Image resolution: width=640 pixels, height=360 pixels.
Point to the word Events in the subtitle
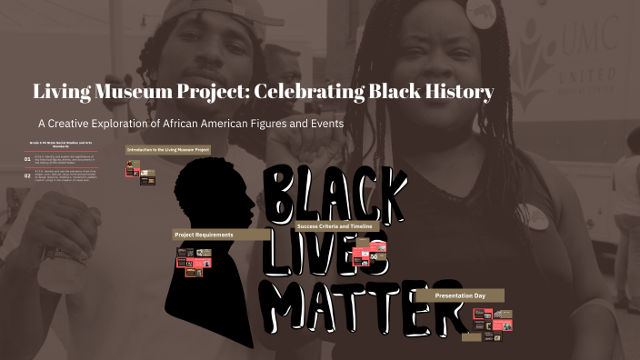(x=321, y=123)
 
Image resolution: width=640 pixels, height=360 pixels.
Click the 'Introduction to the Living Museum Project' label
(x=168, y=149)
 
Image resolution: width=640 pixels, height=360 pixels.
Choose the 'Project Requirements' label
(x=204, y=235)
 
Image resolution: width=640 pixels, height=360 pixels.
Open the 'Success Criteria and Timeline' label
(x=347, y=225)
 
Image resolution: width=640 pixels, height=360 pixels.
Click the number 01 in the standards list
(x=27, y=159)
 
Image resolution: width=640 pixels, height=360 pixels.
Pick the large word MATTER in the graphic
(x=359, y=310)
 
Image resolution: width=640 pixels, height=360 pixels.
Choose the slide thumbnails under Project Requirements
(x=194, y=260)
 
